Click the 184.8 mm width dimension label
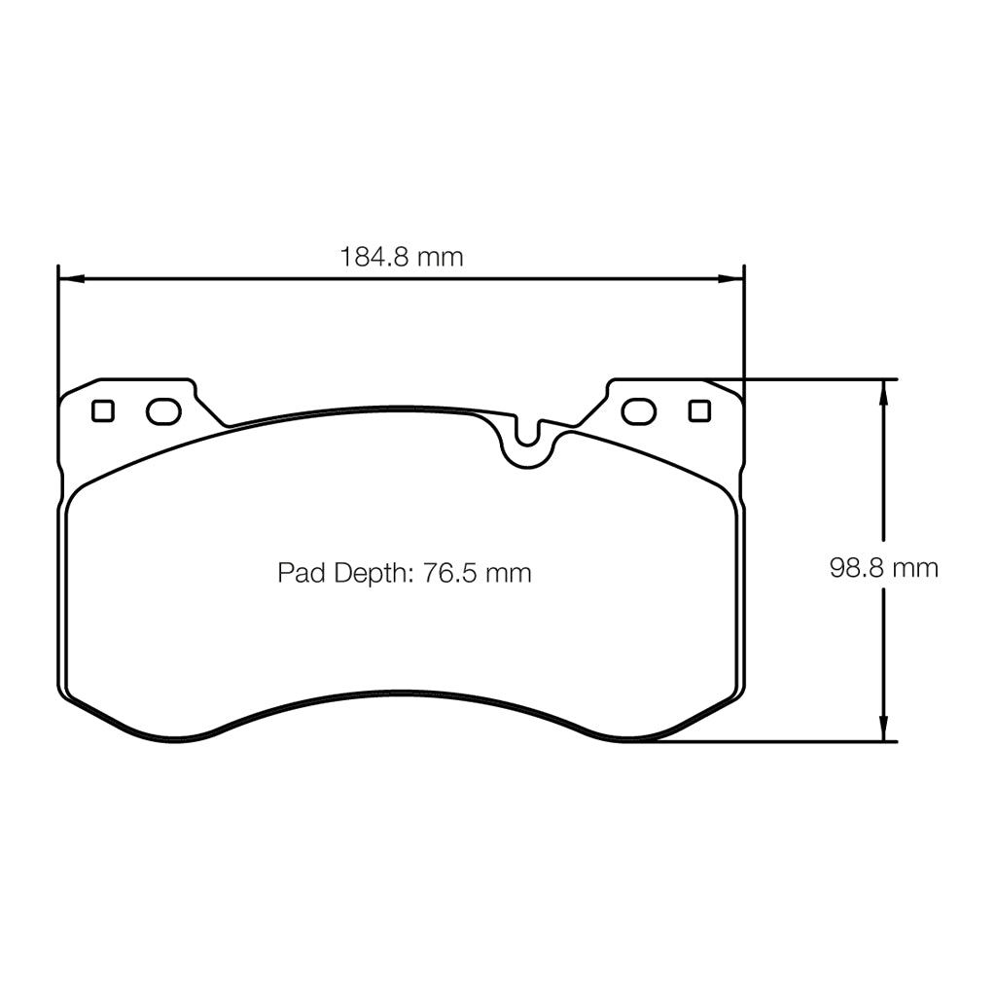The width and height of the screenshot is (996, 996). (402, 257)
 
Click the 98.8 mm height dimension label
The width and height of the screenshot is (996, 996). (883, 568)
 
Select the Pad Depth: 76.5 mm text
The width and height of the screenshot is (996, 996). (405, 573)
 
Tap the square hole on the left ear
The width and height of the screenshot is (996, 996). (103, 411)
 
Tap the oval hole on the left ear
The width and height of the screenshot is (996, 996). (163, 411)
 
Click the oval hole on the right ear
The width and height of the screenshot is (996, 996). (638, 411)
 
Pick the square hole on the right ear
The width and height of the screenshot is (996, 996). (698, 411)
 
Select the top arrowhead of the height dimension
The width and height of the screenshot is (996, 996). (883, 390)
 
